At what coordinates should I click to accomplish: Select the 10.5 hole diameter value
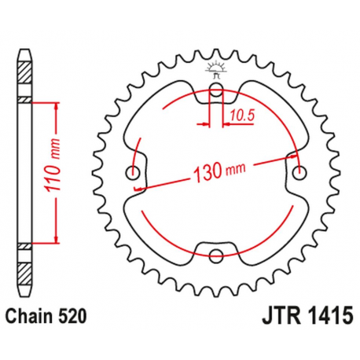[x=240, y=116]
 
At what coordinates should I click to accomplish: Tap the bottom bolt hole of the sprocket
[x=216, y=254]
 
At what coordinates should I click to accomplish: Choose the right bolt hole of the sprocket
[x=299, y=171]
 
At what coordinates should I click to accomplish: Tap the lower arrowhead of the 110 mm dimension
[x=57, y=240]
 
